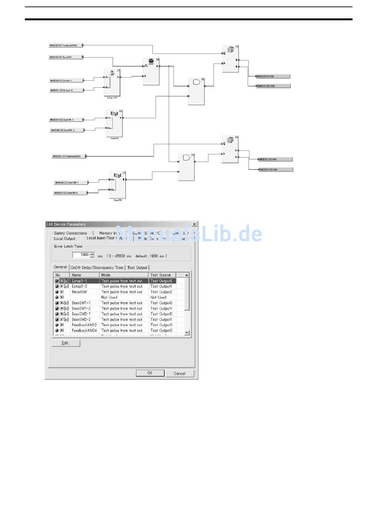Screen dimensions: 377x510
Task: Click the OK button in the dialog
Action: (x=150, y=373)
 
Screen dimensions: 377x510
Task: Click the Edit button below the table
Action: (x=66, y=343)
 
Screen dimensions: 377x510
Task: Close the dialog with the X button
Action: (x=194, y=224)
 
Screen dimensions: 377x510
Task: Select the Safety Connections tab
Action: (x=70, y=233)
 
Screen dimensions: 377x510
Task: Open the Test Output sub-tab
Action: (x=137, y=268)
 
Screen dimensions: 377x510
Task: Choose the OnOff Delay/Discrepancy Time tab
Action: (x=97, y=268)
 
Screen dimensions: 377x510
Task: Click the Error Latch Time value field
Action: (x=81, y=255)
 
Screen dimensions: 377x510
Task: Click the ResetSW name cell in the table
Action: (x=79, y=292)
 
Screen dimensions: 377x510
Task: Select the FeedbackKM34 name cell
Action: (x=84, y=330)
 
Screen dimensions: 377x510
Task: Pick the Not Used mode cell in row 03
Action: (x=109, y=297)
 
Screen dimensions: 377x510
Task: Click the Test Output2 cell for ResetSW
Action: (x=162, y=292)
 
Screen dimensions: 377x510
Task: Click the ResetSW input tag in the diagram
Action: (x=66, y=57)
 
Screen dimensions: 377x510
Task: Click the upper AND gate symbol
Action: (x=196, y=82)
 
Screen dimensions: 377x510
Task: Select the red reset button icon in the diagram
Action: (x=151, y=61)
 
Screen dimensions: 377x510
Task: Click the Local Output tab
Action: (x=64, y=239)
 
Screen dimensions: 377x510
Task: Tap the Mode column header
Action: (x=106, y=275)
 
